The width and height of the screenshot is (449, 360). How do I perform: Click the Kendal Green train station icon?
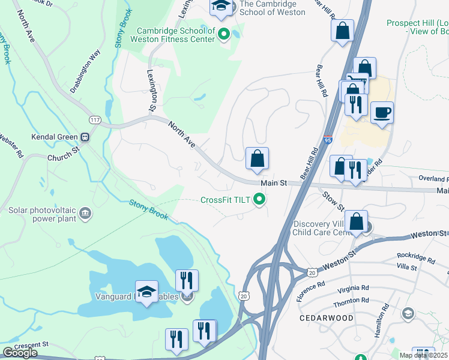(85, 136)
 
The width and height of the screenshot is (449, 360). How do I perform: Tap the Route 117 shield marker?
(94, 119)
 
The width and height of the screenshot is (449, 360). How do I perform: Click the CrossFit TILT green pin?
(259, 200)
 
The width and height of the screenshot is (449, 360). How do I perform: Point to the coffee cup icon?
(382, 112)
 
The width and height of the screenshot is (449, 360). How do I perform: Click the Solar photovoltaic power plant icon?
(85, 213)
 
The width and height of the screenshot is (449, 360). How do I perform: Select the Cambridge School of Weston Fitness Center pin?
(224, 34)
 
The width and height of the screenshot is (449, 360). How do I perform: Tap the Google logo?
(20, 353)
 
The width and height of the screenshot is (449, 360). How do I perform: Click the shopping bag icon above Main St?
(257, 159)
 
